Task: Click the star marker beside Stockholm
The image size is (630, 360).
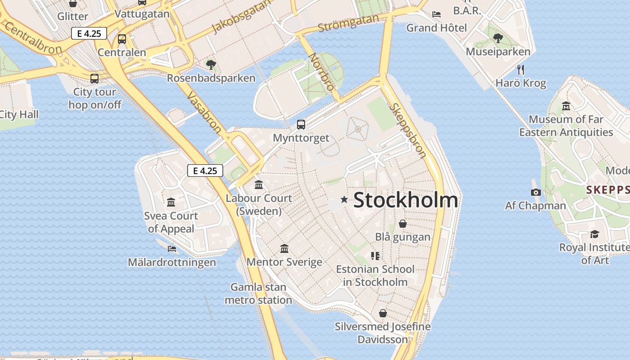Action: click(344, 199)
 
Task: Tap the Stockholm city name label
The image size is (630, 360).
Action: click(405, 200)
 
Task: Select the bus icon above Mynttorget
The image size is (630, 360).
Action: click(301, 125)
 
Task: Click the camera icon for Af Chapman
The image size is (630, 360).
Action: click(535, 193)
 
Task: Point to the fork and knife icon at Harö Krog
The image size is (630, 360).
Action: click(521, 70)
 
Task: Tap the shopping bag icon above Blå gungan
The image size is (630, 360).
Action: click(403, 224)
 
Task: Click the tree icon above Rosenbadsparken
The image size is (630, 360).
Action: click(211, 65)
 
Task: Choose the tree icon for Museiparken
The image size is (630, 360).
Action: click(498, 38)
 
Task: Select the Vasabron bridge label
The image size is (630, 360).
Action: click(204, 112)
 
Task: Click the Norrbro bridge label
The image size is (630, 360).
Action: click(322, 72)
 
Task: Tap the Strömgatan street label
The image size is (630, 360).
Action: click(348, 23)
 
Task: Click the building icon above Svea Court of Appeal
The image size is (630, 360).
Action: click(171, 202)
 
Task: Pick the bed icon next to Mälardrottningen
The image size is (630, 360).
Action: click(172, 248)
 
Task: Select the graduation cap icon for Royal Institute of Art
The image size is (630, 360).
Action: click(594, 234)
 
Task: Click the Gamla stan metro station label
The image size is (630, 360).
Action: click(258, 293)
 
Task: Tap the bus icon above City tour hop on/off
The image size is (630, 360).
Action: click(94, 79)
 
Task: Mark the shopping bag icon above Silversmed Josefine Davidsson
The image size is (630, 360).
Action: click(383, 313)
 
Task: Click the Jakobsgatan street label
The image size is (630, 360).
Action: click(242, 16)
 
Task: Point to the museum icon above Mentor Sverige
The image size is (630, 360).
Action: click(284, 248)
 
